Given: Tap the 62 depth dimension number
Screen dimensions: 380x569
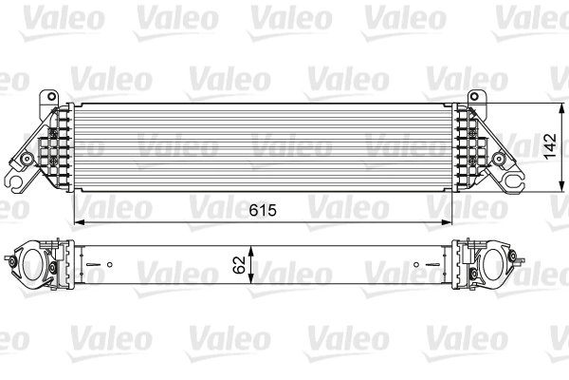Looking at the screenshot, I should pyautogui.click(x=241, y=258).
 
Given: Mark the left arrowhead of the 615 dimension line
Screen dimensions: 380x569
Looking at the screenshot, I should pyautogui.click(x=77, y=222).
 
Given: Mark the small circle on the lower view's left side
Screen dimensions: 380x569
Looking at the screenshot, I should pyautogui.click(x=110, y=264).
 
